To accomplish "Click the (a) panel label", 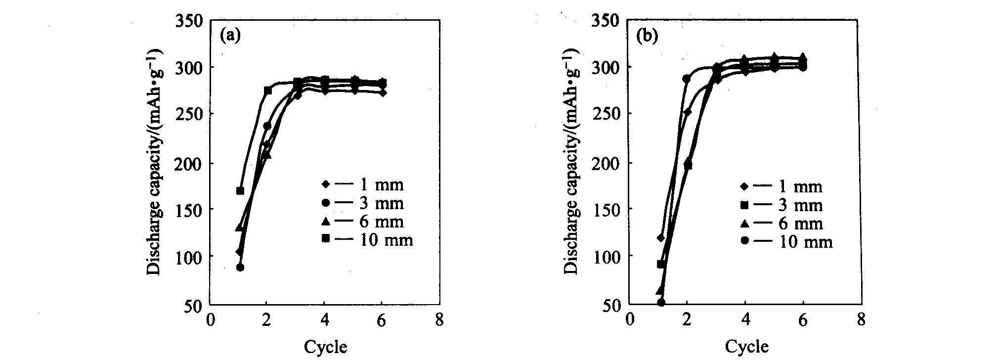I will pos(230,36).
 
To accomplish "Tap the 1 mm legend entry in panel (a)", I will pos(363,184).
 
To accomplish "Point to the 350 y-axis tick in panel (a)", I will pos(189,21).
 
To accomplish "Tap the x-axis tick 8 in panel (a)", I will pos(439,320).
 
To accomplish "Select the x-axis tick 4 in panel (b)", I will pos(745,320).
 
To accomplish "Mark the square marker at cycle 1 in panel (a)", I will pos(240,190).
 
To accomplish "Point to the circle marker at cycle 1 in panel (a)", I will pos(240,267).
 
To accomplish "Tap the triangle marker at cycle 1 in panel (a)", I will pos(240,227).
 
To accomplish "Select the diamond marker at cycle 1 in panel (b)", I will pos(661,238).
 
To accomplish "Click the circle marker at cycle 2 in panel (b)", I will pos(687,78).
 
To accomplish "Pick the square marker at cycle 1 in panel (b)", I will pos(661,264).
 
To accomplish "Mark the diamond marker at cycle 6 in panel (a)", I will pos(382,92).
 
